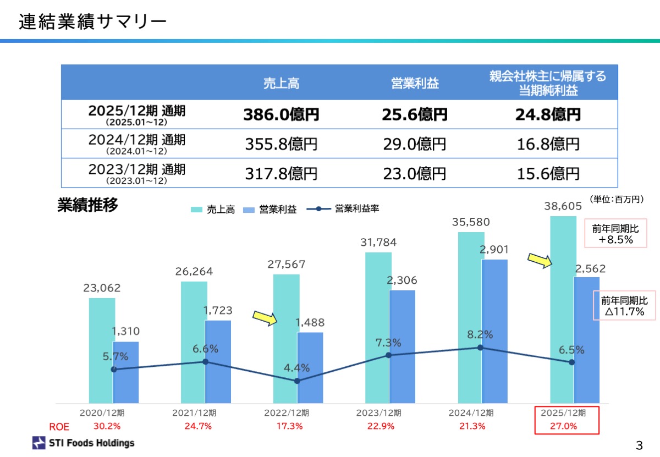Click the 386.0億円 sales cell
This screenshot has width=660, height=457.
pos(281,115)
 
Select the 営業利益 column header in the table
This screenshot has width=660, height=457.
pos(415,84)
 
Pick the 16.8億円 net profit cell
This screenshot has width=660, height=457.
pos(548,145)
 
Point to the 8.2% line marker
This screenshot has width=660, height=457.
pos(480,348)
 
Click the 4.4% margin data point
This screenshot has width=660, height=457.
pos(297,381)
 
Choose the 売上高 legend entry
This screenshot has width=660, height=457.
pos(213,210)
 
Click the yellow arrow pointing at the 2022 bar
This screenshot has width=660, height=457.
pos(264,317)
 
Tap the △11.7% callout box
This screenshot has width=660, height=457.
pos(624,306)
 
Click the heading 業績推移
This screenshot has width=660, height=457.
pos(87,206)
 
